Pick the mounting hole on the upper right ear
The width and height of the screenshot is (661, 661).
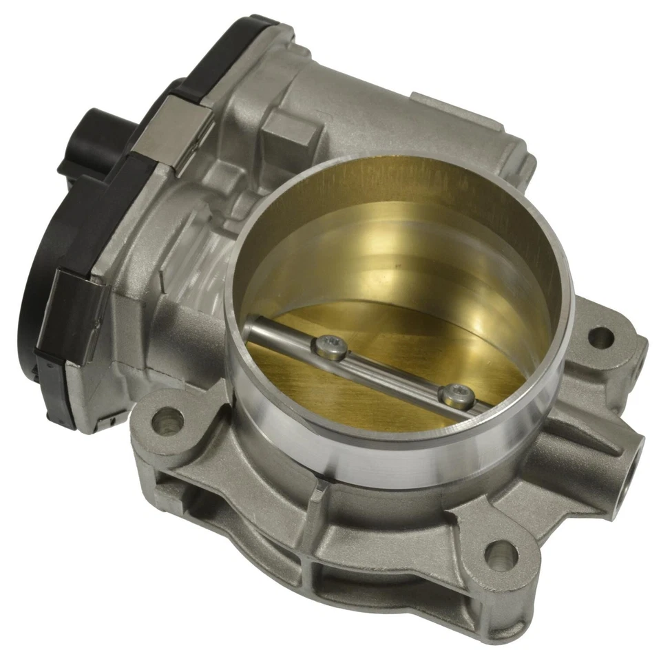coord(600,337)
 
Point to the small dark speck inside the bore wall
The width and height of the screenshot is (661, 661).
coord(398,262)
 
